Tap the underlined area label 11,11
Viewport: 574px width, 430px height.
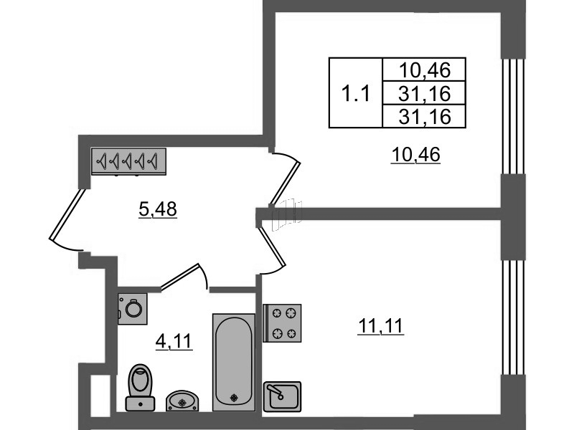pos(381,327)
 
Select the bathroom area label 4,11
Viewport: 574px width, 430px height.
pos(174,342)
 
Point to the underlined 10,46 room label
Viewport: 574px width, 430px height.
pos(415,155)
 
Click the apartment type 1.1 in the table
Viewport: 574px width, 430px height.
pos(355,93)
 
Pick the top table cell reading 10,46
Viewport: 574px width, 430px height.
pos(425,70)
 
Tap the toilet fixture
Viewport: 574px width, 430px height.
pos(139,386)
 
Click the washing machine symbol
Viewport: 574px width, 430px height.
pos(132,309)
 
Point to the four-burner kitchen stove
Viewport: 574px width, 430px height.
pos(282,322)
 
